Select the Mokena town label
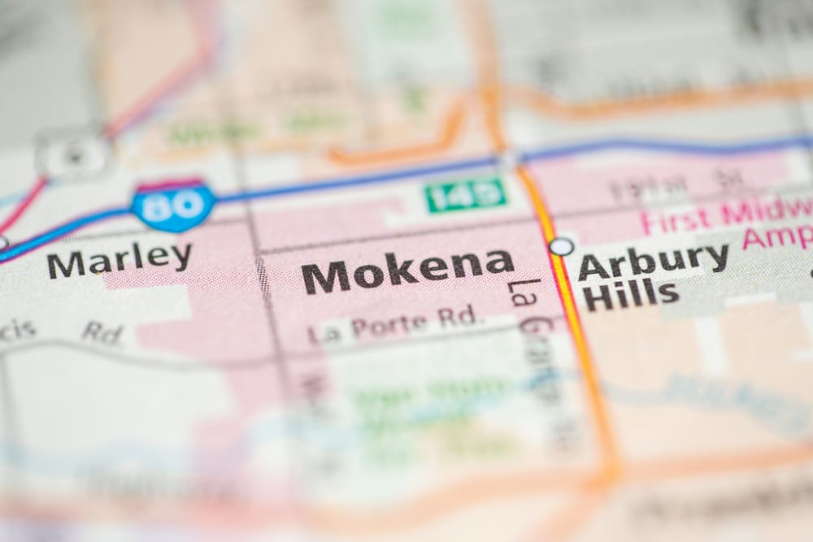407,272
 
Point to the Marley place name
119,261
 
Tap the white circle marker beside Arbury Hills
561,246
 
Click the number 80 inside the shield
174,206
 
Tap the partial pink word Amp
776,237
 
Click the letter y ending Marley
181,258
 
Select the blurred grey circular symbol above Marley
74,152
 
